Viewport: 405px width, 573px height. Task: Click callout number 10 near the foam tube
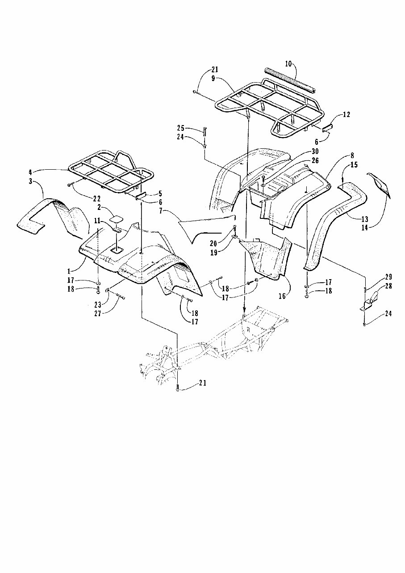click(x=288, y=64)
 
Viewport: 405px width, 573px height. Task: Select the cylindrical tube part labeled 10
click(x=291, y=80)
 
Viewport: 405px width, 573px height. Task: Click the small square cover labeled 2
click(x=117, y=219)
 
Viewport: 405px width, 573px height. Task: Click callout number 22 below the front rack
click(x=96, y=198)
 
